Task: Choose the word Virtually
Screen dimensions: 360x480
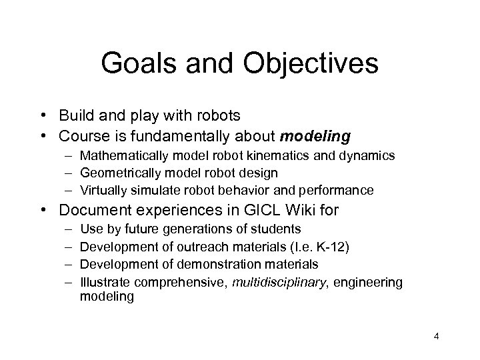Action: [x=101, y=190]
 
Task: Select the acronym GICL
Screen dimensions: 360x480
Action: [x=261, y=211]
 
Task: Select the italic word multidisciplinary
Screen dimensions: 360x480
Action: [x=281, y=282]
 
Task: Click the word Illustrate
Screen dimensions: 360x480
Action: [x=101, y=282]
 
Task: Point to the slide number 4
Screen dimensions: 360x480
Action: [x=435, y=339]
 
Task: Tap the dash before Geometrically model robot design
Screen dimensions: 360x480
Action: [x=69, y=173]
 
